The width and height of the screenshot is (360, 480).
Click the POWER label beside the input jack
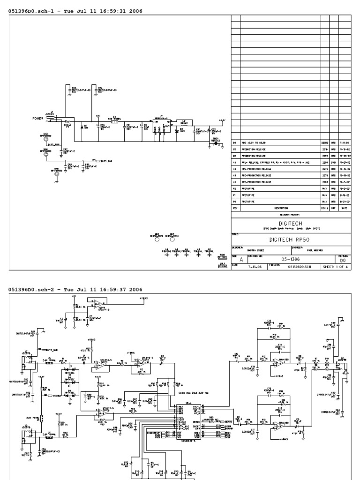coord(38,118)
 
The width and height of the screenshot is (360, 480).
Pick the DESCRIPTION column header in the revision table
coord(281,207)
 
